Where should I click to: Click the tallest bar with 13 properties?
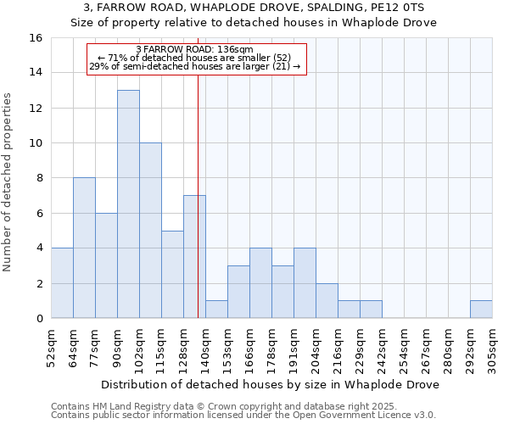(128, 204)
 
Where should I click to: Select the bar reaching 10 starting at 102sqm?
(150, 230)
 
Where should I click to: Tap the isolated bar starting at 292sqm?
(481, 310)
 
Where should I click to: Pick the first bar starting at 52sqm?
(62, 283)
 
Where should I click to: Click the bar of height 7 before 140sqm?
(194, 256)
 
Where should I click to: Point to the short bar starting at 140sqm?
(216, 310)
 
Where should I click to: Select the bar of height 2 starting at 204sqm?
(327, 301)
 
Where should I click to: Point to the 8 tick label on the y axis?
(38, 178)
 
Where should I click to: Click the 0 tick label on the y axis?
(38, 319)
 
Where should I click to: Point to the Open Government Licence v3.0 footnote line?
(243, 416)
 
